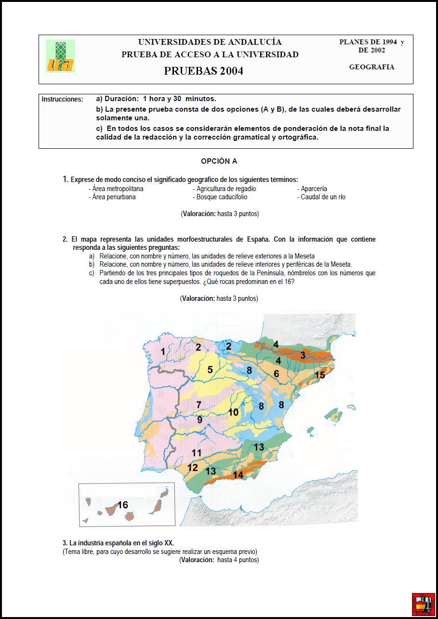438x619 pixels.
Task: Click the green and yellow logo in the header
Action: [60, 56]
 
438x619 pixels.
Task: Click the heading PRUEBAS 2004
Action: [203, 71]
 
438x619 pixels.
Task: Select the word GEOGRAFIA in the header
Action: [372, 67]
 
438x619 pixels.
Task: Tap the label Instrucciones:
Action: [62, 99]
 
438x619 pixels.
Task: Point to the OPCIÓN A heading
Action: [219, 161]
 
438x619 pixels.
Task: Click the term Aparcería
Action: [314, 189]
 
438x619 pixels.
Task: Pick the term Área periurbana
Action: [114, 197]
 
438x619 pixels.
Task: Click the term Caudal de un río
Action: [323, 197]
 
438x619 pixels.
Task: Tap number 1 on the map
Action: [163, 352]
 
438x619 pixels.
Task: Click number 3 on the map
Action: [303, 355]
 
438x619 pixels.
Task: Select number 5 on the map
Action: [210, 370]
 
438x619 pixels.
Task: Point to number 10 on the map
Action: [233, 412]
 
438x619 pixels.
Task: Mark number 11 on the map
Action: [196, 452]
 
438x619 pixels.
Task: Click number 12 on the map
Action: [192, 467]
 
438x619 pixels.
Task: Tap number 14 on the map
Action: [238, 475]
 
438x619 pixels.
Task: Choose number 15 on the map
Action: [319, 375]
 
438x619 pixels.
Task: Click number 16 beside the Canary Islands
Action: [123, 504]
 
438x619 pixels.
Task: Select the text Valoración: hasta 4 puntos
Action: [219, 560]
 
